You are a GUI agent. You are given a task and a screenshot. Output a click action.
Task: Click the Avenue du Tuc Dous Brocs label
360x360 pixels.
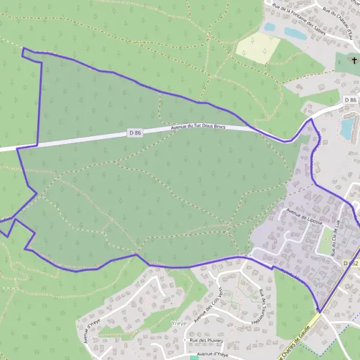[198, 127]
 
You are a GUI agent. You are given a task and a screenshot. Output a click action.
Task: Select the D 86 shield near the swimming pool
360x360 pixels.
[350, 100]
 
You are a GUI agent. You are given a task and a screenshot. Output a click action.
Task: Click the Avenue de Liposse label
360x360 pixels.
[304, 217]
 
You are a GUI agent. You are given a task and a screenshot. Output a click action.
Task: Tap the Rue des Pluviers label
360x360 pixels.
[206, 340]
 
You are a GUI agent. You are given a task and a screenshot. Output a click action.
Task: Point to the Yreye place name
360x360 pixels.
[178, 323]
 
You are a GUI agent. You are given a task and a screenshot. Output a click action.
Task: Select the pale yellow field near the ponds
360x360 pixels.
[257, 47]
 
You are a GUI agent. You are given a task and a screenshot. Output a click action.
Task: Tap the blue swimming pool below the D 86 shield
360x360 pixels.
[347, 128]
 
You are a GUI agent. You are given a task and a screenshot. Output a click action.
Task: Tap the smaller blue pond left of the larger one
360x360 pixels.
[269, 27]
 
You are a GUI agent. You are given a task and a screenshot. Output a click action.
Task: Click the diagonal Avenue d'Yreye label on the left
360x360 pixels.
[90, 332]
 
